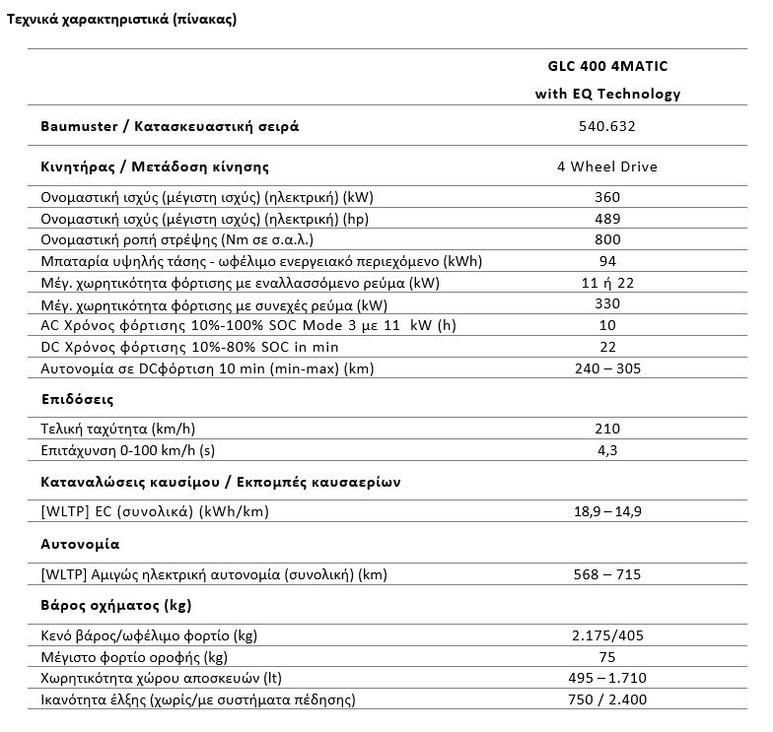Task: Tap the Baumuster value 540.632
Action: [607, 126]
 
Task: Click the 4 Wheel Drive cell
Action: [607, 166]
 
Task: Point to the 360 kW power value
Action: [607, 197]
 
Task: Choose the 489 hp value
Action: [607, 219]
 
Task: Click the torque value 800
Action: [607, 239]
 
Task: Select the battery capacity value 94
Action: [607, 261]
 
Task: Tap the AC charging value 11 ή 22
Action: [607, 283]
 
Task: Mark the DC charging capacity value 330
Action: [607, 304]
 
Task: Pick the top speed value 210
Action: [607, 429]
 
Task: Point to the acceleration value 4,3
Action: [607, 450]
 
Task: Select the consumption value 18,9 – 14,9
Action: [607, 512]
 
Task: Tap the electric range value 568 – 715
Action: [607, 573]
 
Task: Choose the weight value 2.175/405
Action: [607, 635]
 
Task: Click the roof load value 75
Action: [607, 657]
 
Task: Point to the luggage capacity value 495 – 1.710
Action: [607, 679]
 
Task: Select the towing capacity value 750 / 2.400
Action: [607, 700]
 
